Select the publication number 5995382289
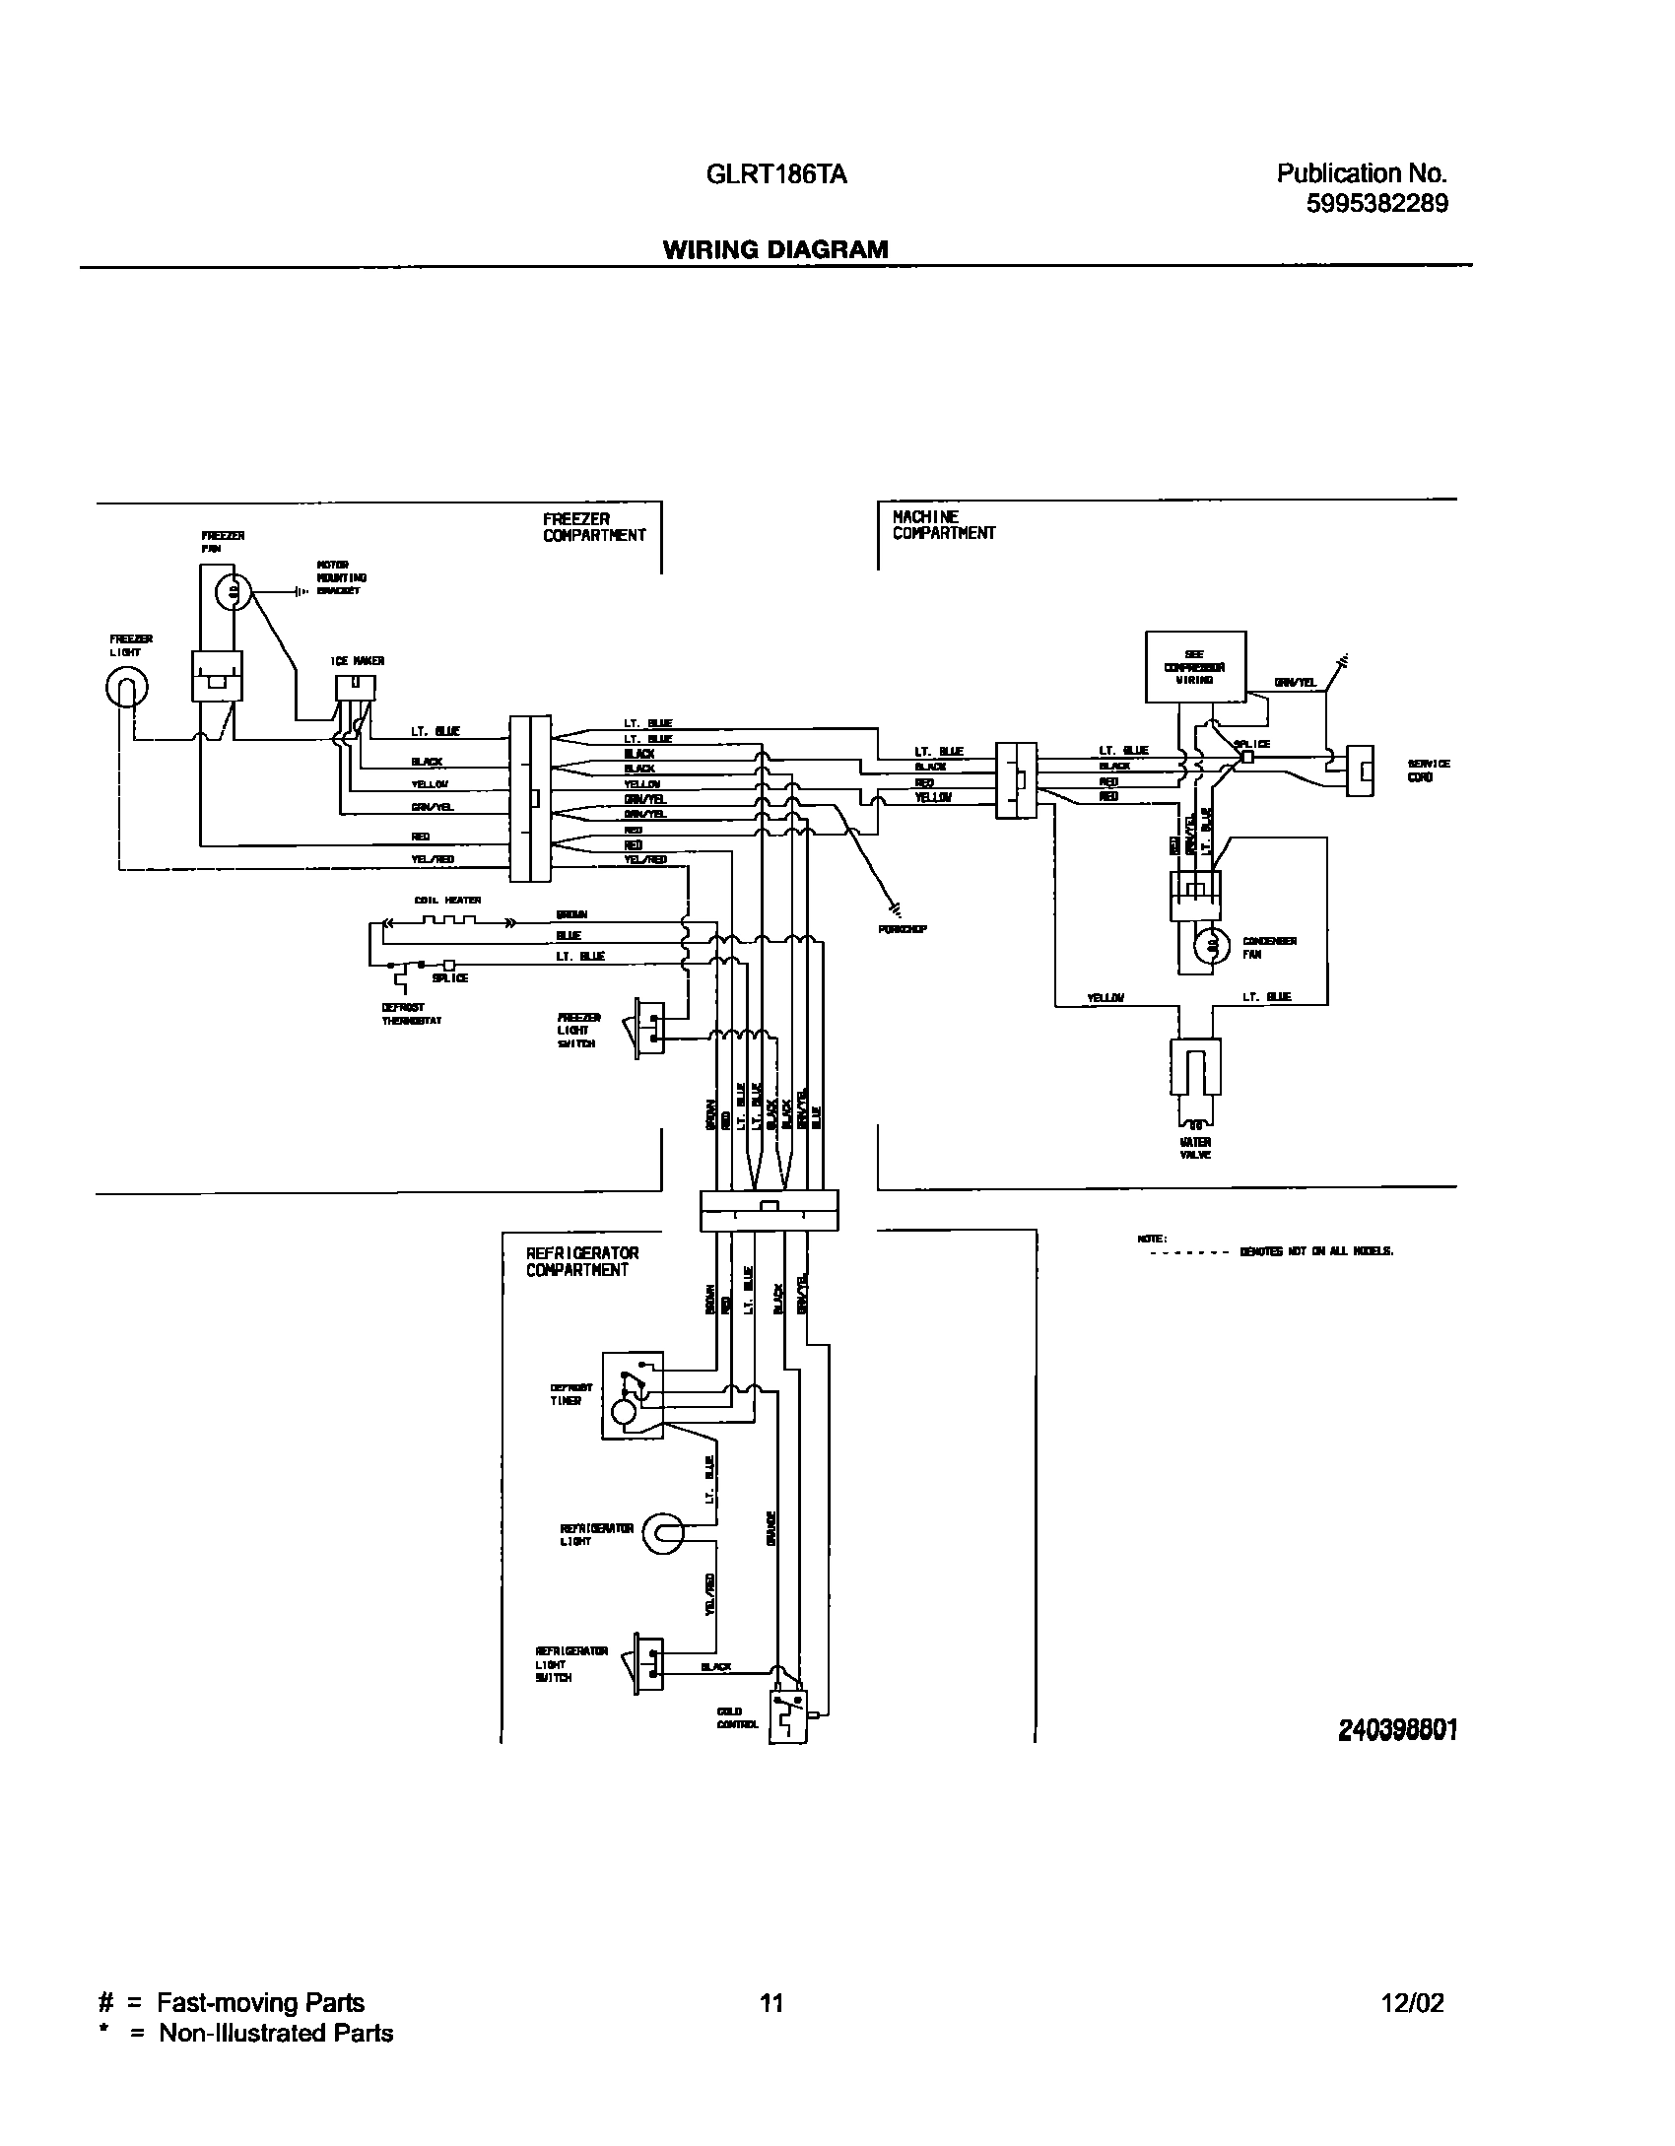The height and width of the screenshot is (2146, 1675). point(1376,204)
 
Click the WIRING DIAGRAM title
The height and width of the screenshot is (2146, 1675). point(774,250)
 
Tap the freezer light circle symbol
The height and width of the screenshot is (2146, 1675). point(126,689)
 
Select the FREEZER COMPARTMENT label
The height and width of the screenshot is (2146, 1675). point(594,527)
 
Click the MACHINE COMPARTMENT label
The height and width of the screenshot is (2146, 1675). point(943,525)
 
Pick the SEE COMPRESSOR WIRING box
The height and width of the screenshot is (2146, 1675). point(1195,667)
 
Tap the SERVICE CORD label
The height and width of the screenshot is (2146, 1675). point(1428,771)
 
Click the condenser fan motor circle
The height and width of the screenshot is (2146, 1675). point(1212,947)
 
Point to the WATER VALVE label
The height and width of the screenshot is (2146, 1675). point(1195,1148)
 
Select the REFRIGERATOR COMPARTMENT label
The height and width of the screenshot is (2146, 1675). point(581,1261)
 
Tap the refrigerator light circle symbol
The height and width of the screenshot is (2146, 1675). point(662,1533)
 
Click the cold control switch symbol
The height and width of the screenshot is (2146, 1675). point(787,1716)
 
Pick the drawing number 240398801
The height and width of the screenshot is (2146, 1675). point(1397,1729)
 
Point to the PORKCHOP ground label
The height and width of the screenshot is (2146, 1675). point(902,928)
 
